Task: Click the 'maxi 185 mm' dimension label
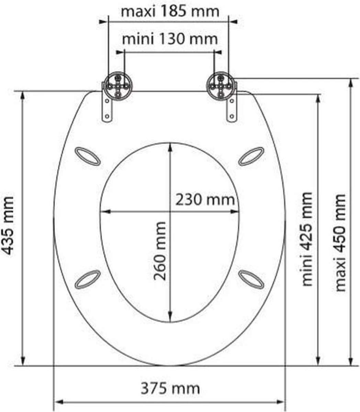click(170, 11)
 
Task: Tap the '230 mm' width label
click(205, 200)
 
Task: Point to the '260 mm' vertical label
click(159, 251)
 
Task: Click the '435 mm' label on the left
click(8, 226)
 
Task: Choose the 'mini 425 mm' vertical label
click(307, 239)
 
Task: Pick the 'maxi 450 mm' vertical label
click(341, 242)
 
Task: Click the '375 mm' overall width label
click(170, 389)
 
